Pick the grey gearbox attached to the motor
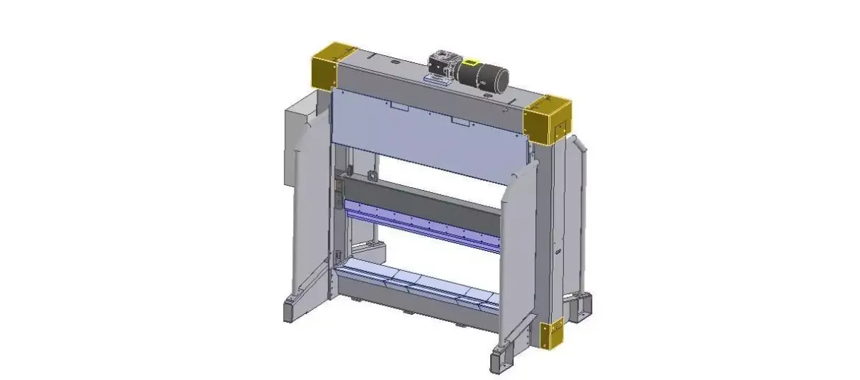click(x=441, y=62)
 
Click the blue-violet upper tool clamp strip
click(x=423, y=225)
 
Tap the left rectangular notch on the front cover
click(x=398, y=106)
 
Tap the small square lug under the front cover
click(x=371, y=176)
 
